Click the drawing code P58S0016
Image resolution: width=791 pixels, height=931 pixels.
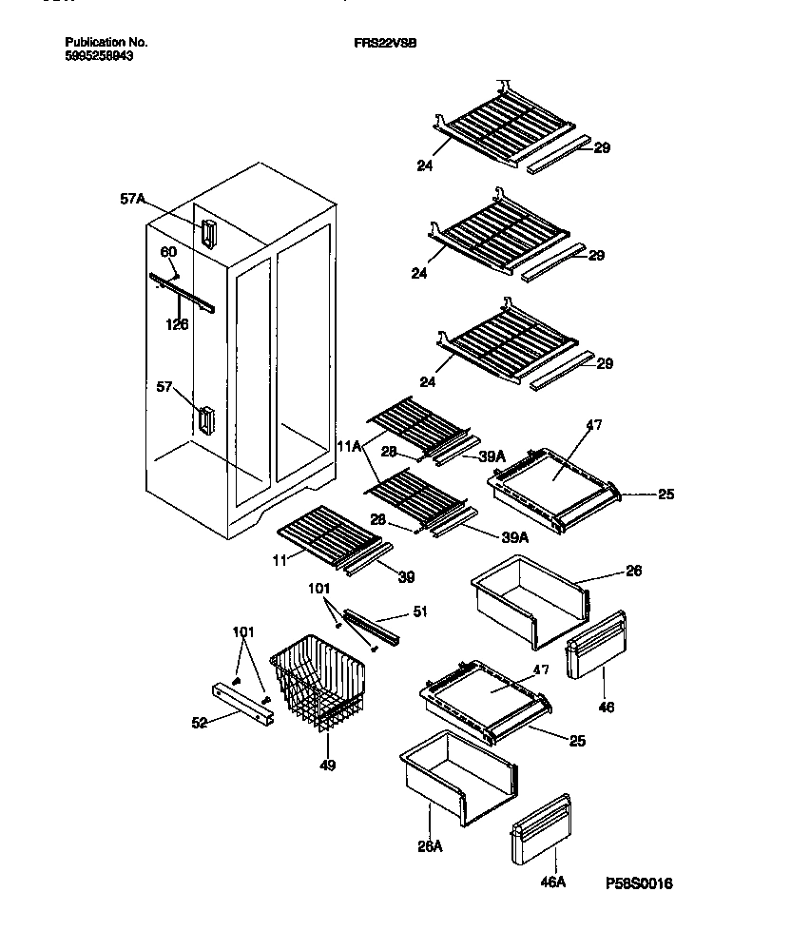click(x=638, y=883)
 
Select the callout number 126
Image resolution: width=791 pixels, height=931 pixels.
click(x=176, y=324)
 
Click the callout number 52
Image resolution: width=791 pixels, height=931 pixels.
click(x=199, y=724)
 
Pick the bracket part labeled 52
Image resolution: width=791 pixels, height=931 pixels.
click(x=243, y=705)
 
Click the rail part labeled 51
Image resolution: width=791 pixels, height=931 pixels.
click(x=376, y=625)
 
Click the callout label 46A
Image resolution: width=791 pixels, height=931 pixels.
click(x=553, y=883)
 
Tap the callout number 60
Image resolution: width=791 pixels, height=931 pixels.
click(x=168, y=252)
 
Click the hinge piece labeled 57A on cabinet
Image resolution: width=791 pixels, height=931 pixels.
click(x=207, y=233)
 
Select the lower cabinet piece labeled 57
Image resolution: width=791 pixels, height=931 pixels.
click(x=206, y=418)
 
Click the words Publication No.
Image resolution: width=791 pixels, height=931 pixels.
click(x=106, y=43)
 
